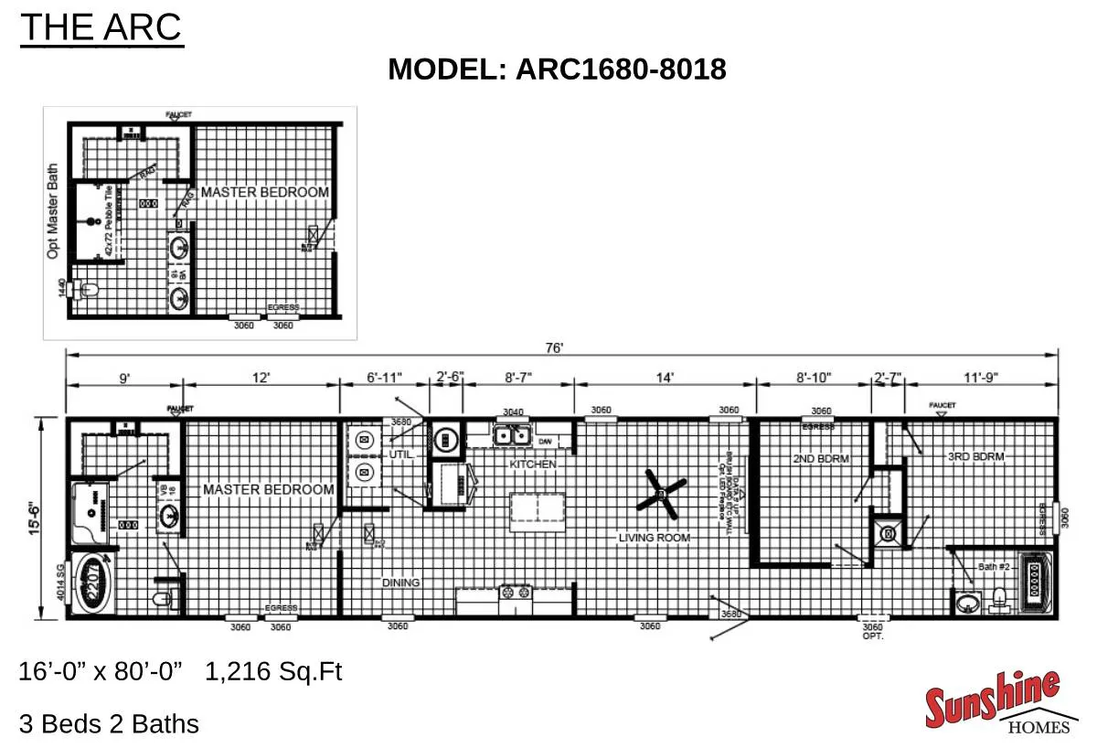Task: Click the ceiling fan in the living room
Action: [661, 492]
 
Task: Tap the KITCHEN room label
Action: [533, 465]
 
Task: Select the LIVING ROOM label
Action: [654, 538]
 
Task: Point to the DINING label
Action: [400, 582]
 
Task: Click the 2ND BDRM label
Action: [815, 456]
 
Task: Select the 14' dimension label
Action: [665, 378]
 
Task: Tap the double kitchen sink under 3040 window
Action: [511, 436]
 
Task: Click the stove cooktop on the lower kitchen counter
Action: [515, 592]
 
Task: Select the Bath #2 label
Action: [994, 567]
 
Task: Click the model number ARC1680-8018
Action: [557, 69]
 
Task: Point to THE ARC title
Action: [101, 28]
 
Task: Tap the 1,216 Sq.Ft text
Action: [273, 672]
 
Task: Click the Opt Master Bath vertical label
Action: [53, 211]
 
